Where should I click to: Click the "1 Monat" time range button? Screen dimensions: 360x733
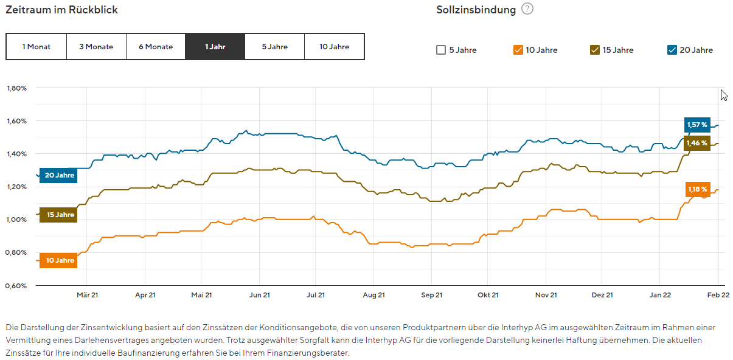(36, 47)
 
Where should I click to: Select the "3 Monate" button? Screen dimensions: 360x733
(96, 47)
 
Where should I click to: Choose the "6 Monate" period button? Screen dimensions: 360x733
(156, 47)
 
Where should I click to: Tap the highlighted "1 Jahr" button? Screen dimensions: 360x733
(215, 47)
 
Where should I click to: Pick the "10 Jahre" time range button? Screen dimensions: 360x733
(334, 47)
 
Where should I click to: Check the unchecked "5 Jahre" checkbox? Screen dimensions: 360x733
(441, 50)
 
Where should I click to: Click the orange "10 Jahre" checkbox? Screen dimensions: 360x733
(518, 50)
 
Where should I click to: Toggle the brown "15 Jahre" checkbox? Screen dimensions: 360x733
(595, 50)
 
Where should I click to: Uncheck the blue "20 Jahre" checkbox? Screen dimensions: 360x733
(672, 50)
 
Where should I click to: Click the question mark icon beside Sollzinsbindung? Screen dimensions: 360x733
(527, 9)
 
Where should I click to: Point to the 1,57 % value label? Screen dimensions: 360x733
(697, 125)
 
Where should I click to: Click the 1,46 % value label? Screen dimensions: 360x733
(697, 144)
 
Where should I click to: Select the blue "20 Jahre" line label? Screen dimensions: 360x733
(59, 175)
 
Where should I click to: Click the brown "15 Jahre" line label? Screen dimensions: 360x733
(59, 215)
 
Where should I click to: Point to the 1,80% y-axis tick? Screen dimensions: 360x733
(16, 88)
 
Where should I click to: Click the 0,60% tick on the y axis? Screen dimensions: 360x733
(16, 285)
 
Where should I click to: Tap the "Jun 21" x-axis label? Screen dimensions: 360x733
(260, 295)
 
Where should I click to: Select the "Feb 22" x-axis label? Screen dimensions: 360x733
(718, 295)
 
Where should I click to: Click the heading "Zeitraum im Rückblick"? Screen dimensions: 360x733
(61, 10)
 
